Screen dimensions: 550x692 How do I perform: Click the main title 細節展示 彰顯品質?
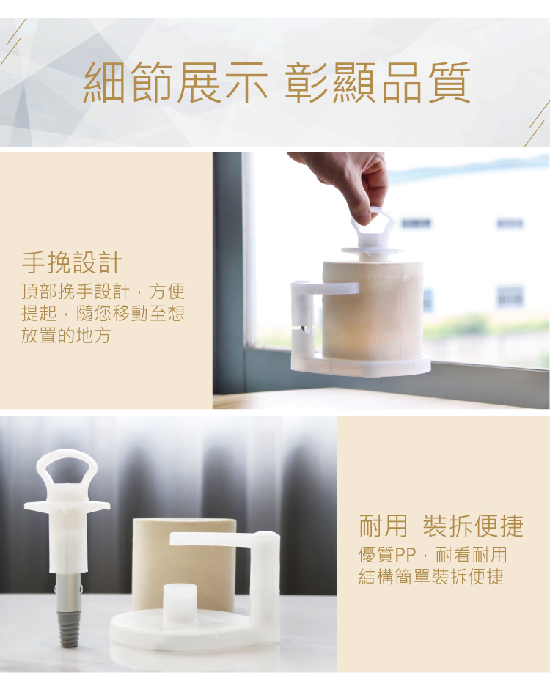[276, 83]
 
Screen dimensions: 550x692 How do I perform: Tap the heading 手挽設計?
[72, 263]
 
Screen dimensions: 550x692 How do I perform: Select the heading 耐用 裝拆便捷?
[441, 526]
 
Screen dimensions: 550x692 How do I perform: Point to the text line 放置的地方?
[66, 336]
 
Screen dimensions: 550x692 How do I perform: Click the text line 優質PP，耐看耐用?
[433, 555]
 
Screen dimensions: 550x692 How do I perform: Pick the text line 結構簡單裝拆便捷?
[430, 576]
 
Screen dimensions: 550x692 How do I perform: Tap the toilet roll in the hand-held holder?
[373, 310]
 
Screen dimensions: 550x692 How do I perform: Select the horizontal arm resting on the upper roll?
[325, 288]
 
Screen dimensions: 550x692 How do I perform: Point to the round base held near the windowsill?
[360, 364]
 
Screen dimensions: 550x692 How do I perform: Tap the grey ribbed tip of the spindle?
[68, 629]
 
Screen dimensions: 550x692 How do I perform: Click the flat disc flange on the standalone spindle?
[67, 506]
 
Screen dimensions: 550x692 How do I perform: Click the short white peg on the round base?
[180, 602]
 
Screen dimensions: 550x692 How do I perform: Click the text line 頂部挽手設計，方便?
[103, 291]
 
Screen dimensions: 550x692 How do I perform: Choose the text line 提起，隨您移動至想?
[103, 313]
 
